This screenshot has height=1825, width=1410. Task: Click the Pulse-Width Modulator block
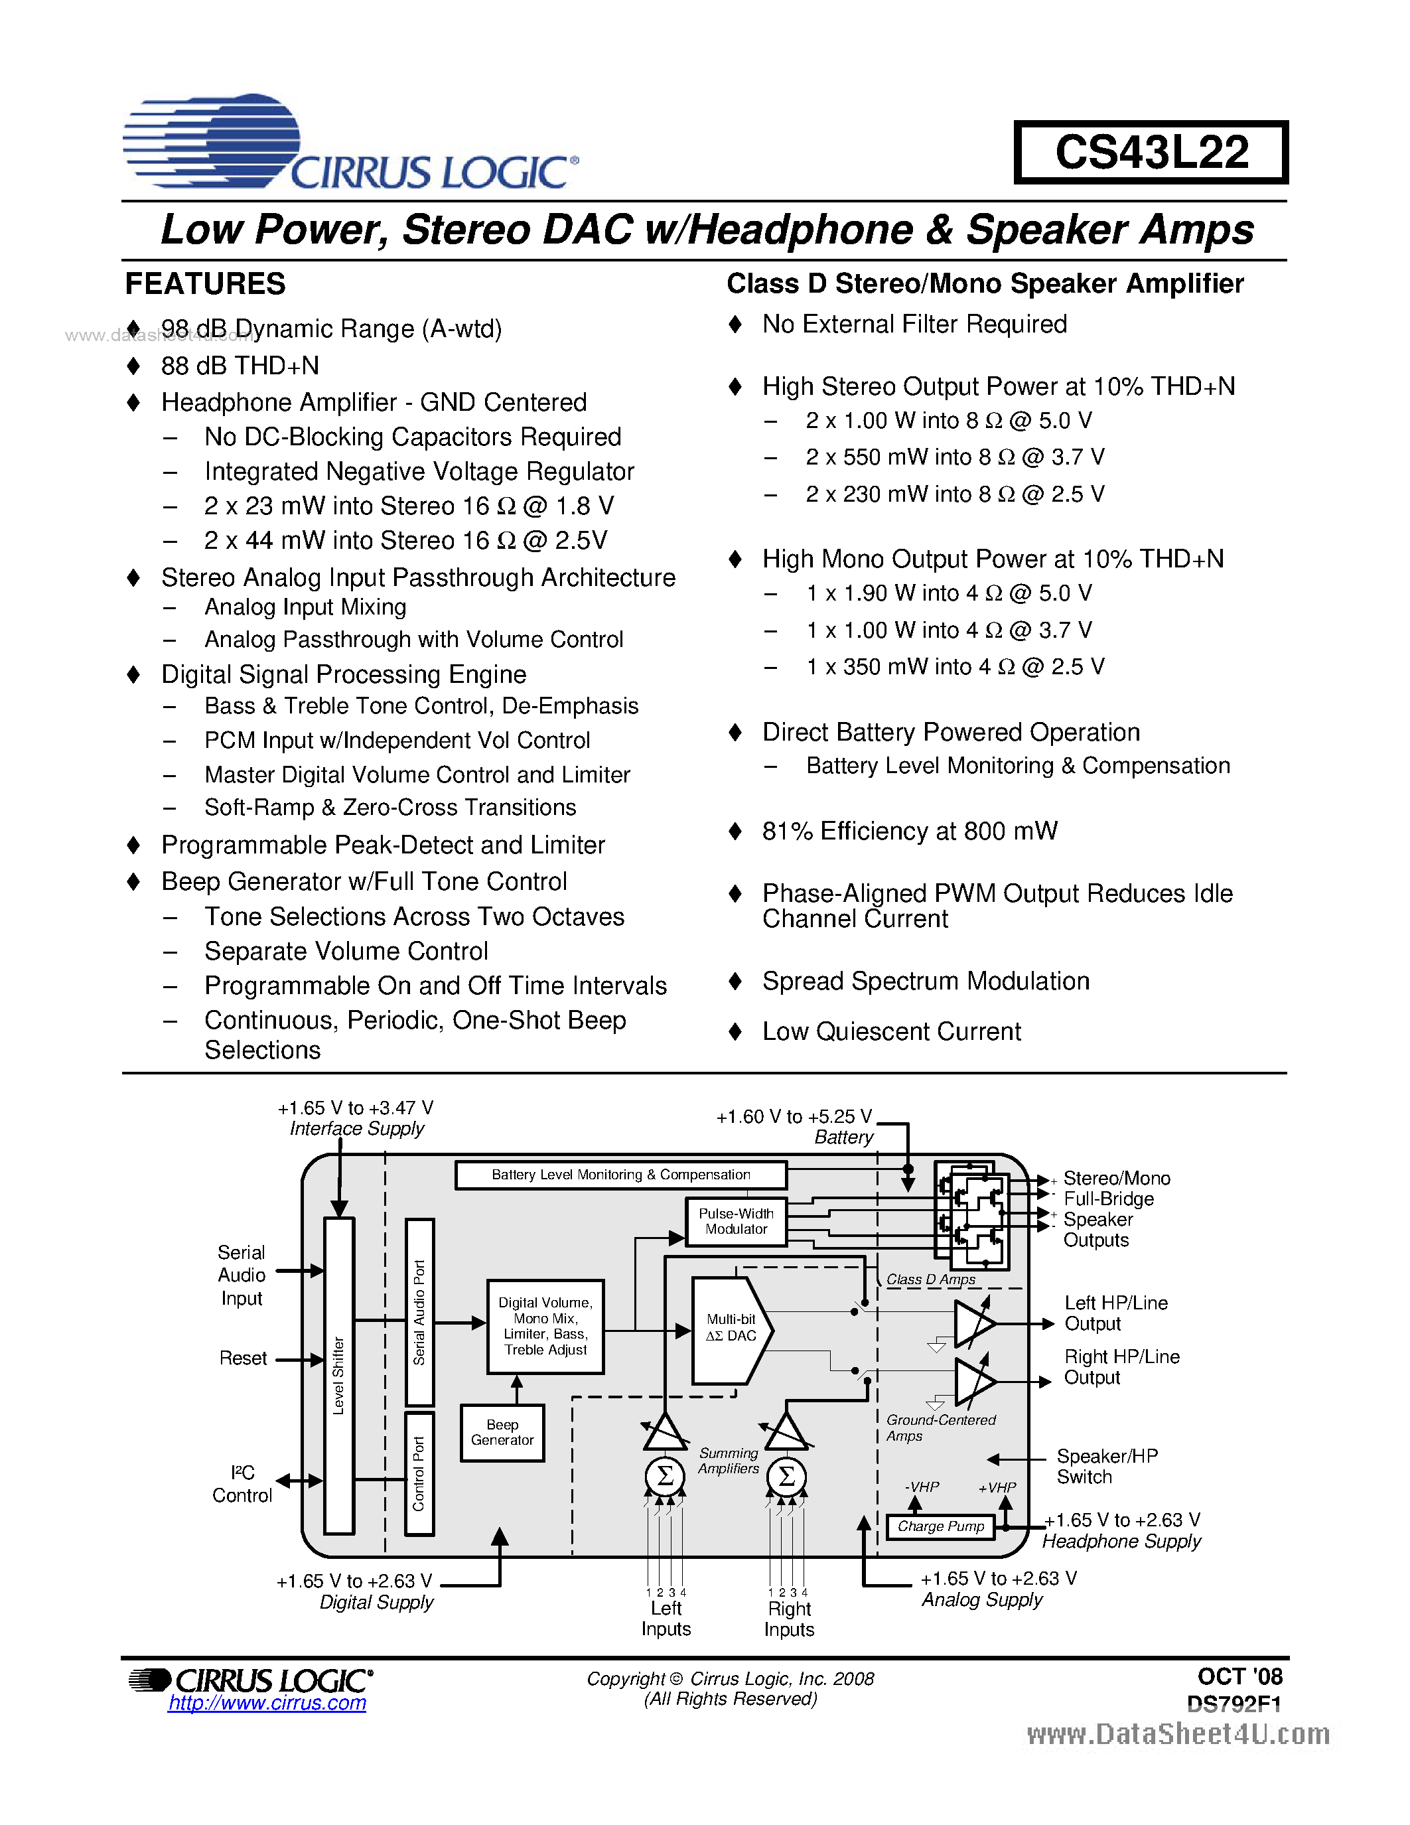tap(735, 1222)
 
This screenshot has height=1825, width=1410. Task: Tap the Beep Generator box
tap(502, 1432)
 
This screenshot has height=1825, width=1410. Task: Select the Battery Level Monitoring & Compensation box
tap(620, 1175)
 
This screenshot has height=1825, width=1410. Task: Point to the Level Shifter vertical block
tap(338, 1374)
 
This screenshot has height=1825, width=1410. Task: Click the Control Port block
tap(419, 1473)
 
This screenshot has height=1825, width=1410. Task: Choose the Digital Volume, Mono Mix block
tap(545, 1326)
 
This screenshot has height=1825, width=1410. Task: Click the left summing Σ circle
tap(665, 1477)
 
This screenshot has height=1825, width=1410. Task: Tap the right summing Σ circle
tap(786, 1477)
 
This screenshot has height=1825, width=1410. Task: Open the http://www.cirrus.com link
tap(267, 1703)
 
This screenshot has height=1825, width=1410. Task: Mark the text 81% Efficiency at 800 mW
tap(910, 832)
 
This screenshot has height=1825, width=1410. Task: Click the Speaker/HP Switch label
tap(1107, 1467)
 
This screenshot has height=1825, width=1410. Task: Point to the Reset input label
tap(243, 1358)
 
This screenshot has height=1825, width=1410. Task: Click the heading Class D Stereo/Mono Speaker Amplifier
tap(985, 284)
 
